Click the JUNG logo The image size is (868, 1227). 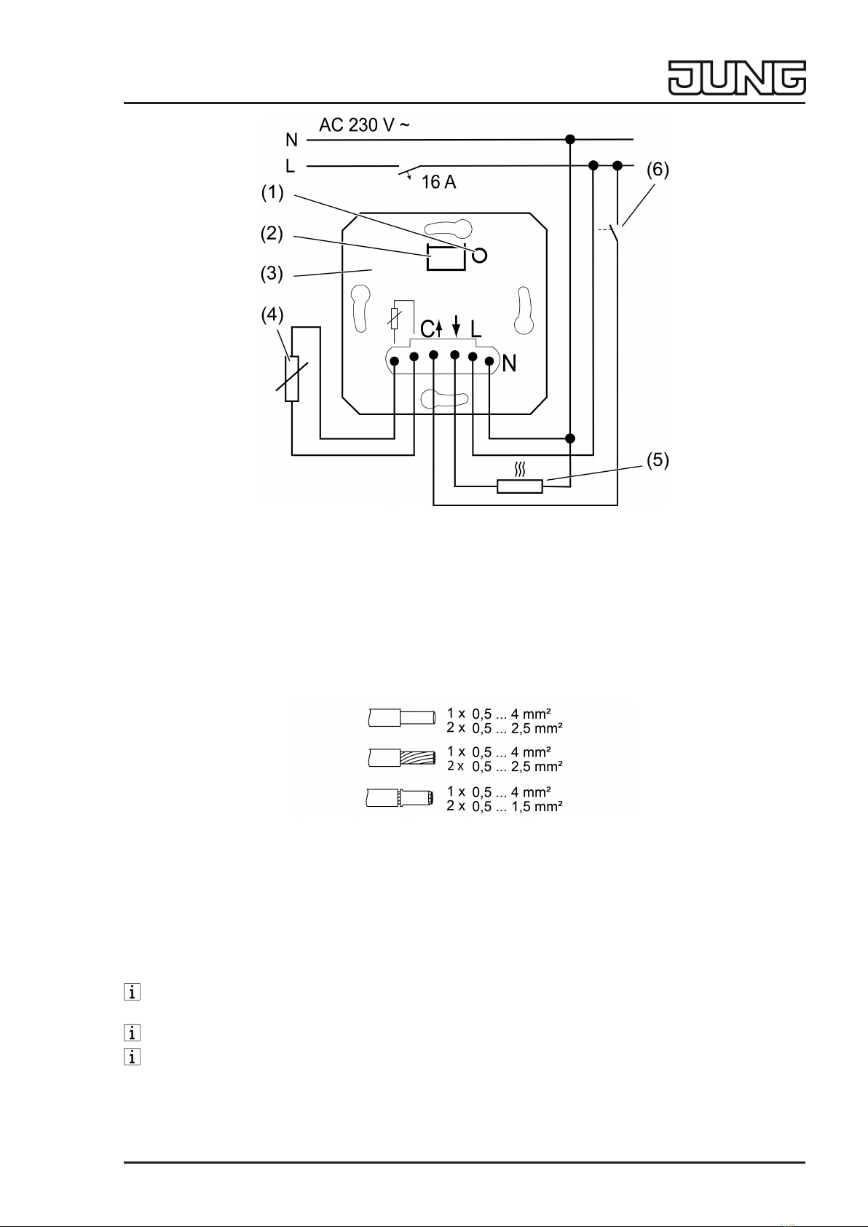[x=737, y=79]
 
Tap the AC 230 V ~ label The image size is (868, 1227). [x=364, y=125]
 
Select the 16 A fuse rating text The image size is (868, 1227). [x=438, y=182]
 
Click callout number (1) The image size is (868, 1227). [x=272, y=193]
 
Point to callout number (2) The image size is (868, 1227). [x=272, y=234]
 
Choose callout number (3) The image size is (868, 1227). [x=272, y=273]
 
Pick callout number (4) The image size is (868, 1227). [x=272, y=315]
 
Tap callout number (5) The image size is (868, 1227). [x=658, y=460]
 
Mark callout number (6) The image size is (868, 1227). [x=658, y=170]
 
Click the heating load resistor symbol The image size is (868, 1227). [x=520, y=486]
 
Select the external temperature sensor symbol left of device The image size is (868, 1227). [x=292, y=379]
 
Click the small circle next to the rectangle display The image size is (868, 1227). [x=480, y=256]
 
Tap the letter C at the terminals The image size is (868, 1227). [x=427, y=328]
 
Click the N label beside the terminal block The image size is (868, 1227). [x=509, y=363]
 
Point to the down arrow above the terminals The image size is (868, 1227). [x=456, y=326]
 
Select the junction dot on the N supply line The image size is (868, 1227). [x=570, y=139]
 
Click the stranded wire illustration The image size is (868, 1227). [x=402, y=757]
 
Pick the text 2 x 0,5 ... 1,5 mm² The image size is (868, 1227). [x=505, y=806]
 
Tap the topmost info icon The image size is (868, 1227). [x=132, y=992]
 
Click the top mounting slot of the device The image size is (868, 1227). [x=449, y=229]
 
